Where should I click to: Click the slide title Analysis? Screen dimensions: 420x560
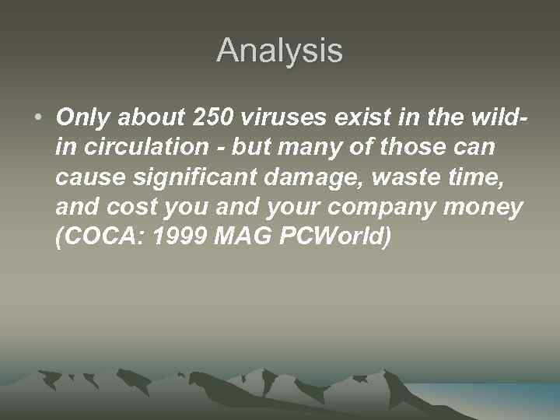279,51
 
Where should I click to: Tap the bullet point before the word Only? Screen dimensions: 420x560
38,118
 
